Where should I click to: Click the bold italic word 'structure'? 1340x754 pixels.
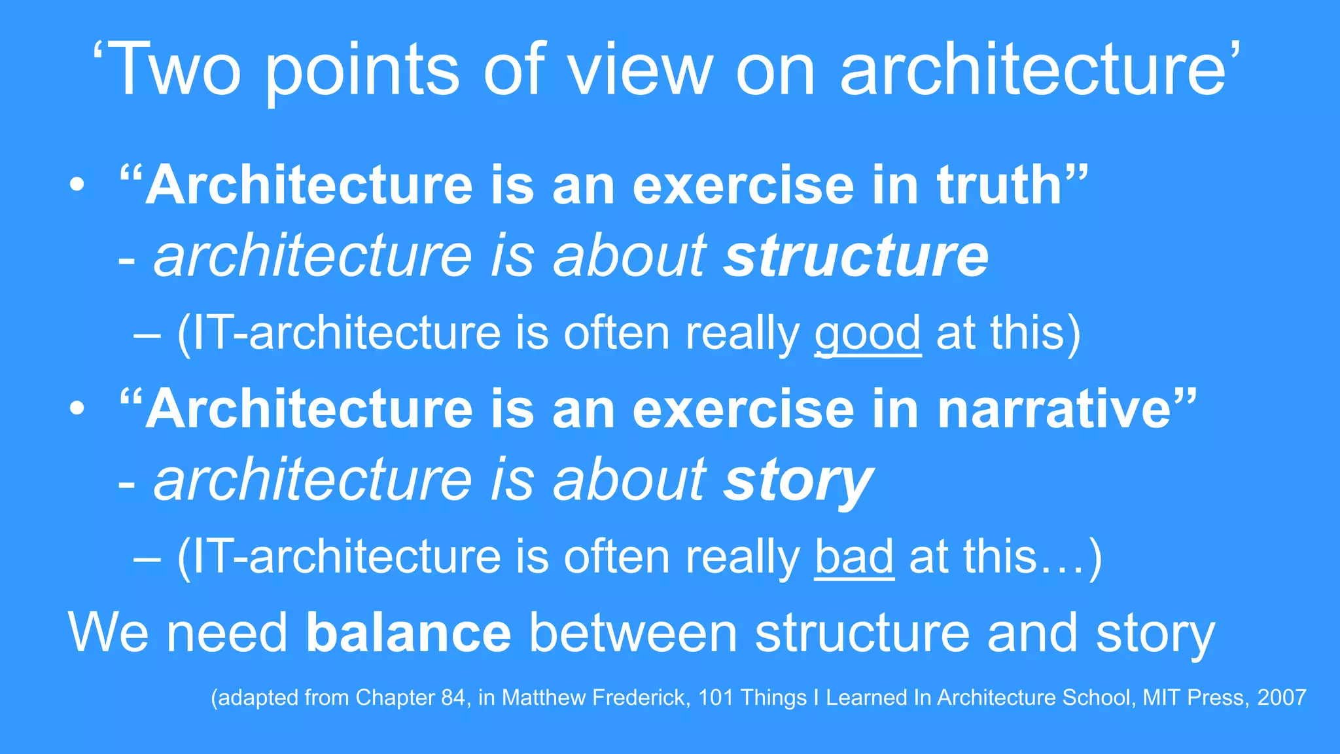[856, 256]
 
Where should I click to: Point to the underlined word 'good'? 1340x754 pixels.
[868, 334]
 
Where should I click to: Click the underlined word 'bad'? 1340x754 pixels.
[854, 558]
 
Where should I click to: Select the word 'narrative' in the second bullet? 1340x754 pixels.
[1054, 409]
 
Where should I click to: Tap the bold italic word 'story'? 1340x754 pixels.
[798, 481]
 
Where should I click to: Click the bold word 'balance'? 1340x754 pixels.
[408, 634]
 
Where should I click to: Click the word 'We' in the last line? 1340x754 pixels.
[112, 634]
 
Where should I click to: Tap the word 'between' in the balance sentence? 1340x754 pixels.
[633, 634]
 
